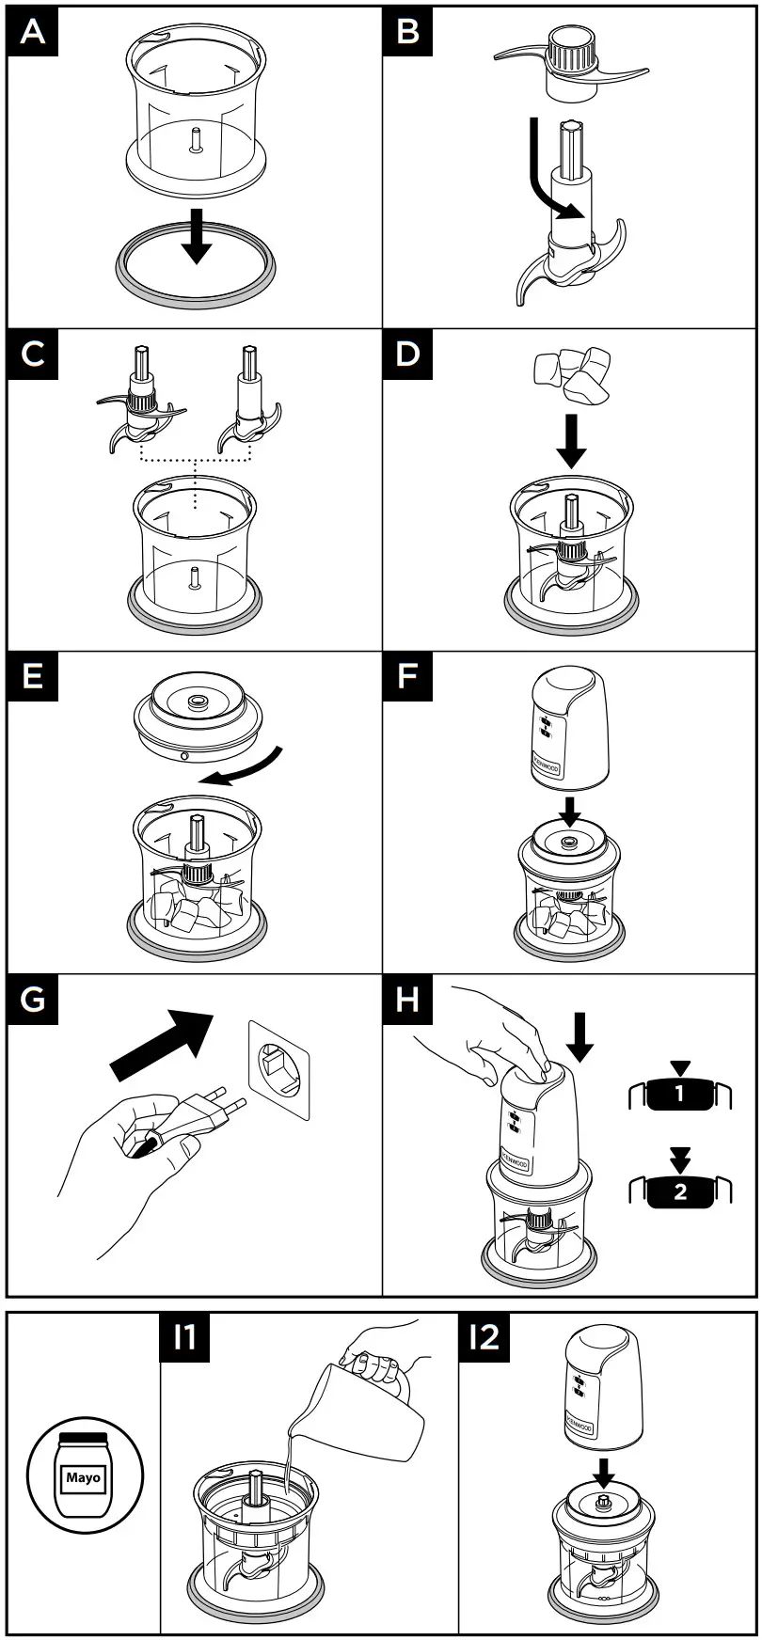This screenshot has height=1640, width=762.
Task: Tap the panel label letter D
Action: click(x=407, y=355)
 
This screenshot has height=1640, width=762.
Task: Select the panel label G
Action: click(x=32, y=999)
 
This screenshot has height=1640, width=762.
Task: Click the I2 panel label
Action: click(x=484, y=1336)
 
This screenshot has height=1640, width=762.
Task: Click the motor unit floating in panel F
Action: click(x=569, y=728)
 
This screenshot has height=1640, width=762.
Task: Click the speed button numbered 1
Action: click(x=679, y=1094)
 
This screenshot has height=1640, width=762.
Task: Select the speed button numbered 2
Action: click(x=679, y=1191)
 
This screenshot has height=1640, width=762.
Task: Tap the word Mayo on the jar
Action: click(x=83, y=1477)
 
